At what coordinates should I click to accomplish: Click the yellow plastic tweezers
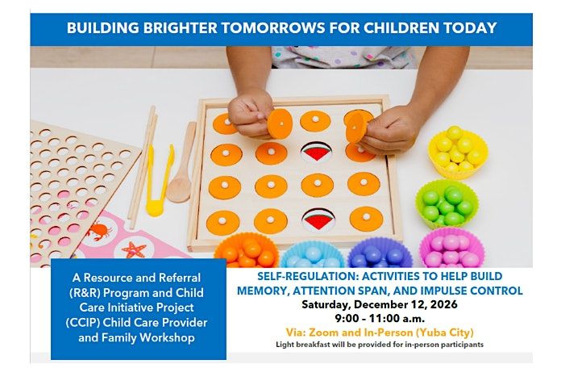[158, 180]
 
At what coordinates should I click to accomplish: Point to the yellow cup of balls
[458, 152]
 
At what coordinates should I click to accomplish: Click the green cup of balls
[447, 204]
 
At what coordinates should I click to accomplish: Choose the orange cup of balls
[247, 251]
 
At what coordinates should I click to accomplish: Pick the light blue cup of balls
[313, 255]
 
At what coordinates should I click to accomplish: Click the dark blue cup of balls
[380, 253]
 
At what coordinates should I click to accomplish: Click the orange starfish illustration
[134, 249]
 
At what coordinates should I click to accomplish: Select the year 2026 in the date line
[443, 304]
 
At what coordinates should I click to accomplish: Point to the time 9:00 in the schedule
[347, 318]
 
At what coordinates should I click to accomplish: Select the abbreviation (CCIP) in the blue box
[83, 323]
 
